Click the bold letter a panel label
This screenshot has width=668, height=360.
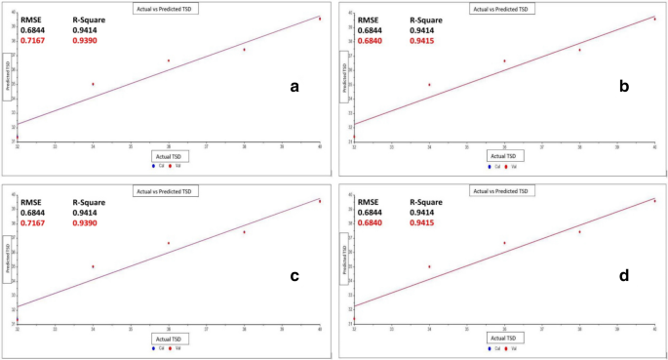(x=295, y=87)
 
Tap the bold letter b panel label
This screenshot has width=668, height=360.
(x=624, y=87)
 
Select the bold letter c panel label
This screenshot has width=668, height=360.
(x=295, y=276)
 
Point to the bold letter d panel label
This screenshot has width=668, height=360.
(x=624, y=276)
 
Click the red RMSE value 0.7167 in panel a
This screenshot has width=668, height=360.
(x=36, y=40)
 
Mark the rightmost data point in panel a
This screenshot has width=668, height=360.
(x=319, y=19)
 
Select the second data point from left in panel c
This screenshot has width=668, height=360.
(x=93, y=266)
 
